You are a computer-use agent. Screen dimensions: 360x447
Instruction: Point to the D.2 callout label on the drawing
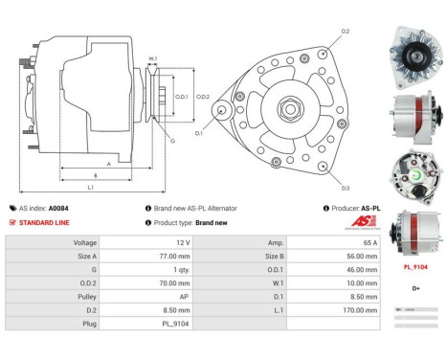click(346, 32)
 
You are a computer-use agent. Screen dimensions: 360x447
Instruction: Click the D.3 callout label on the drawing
click(345, 188)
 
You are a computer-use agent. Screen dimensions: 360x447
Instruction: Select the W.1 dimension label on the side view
click(152, 61)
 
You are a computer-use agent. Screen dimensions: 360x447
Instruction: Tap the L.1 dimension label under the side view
click(89, 188)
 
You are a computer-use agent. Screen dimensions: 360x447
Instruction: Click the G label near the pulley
click(172, 141)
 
